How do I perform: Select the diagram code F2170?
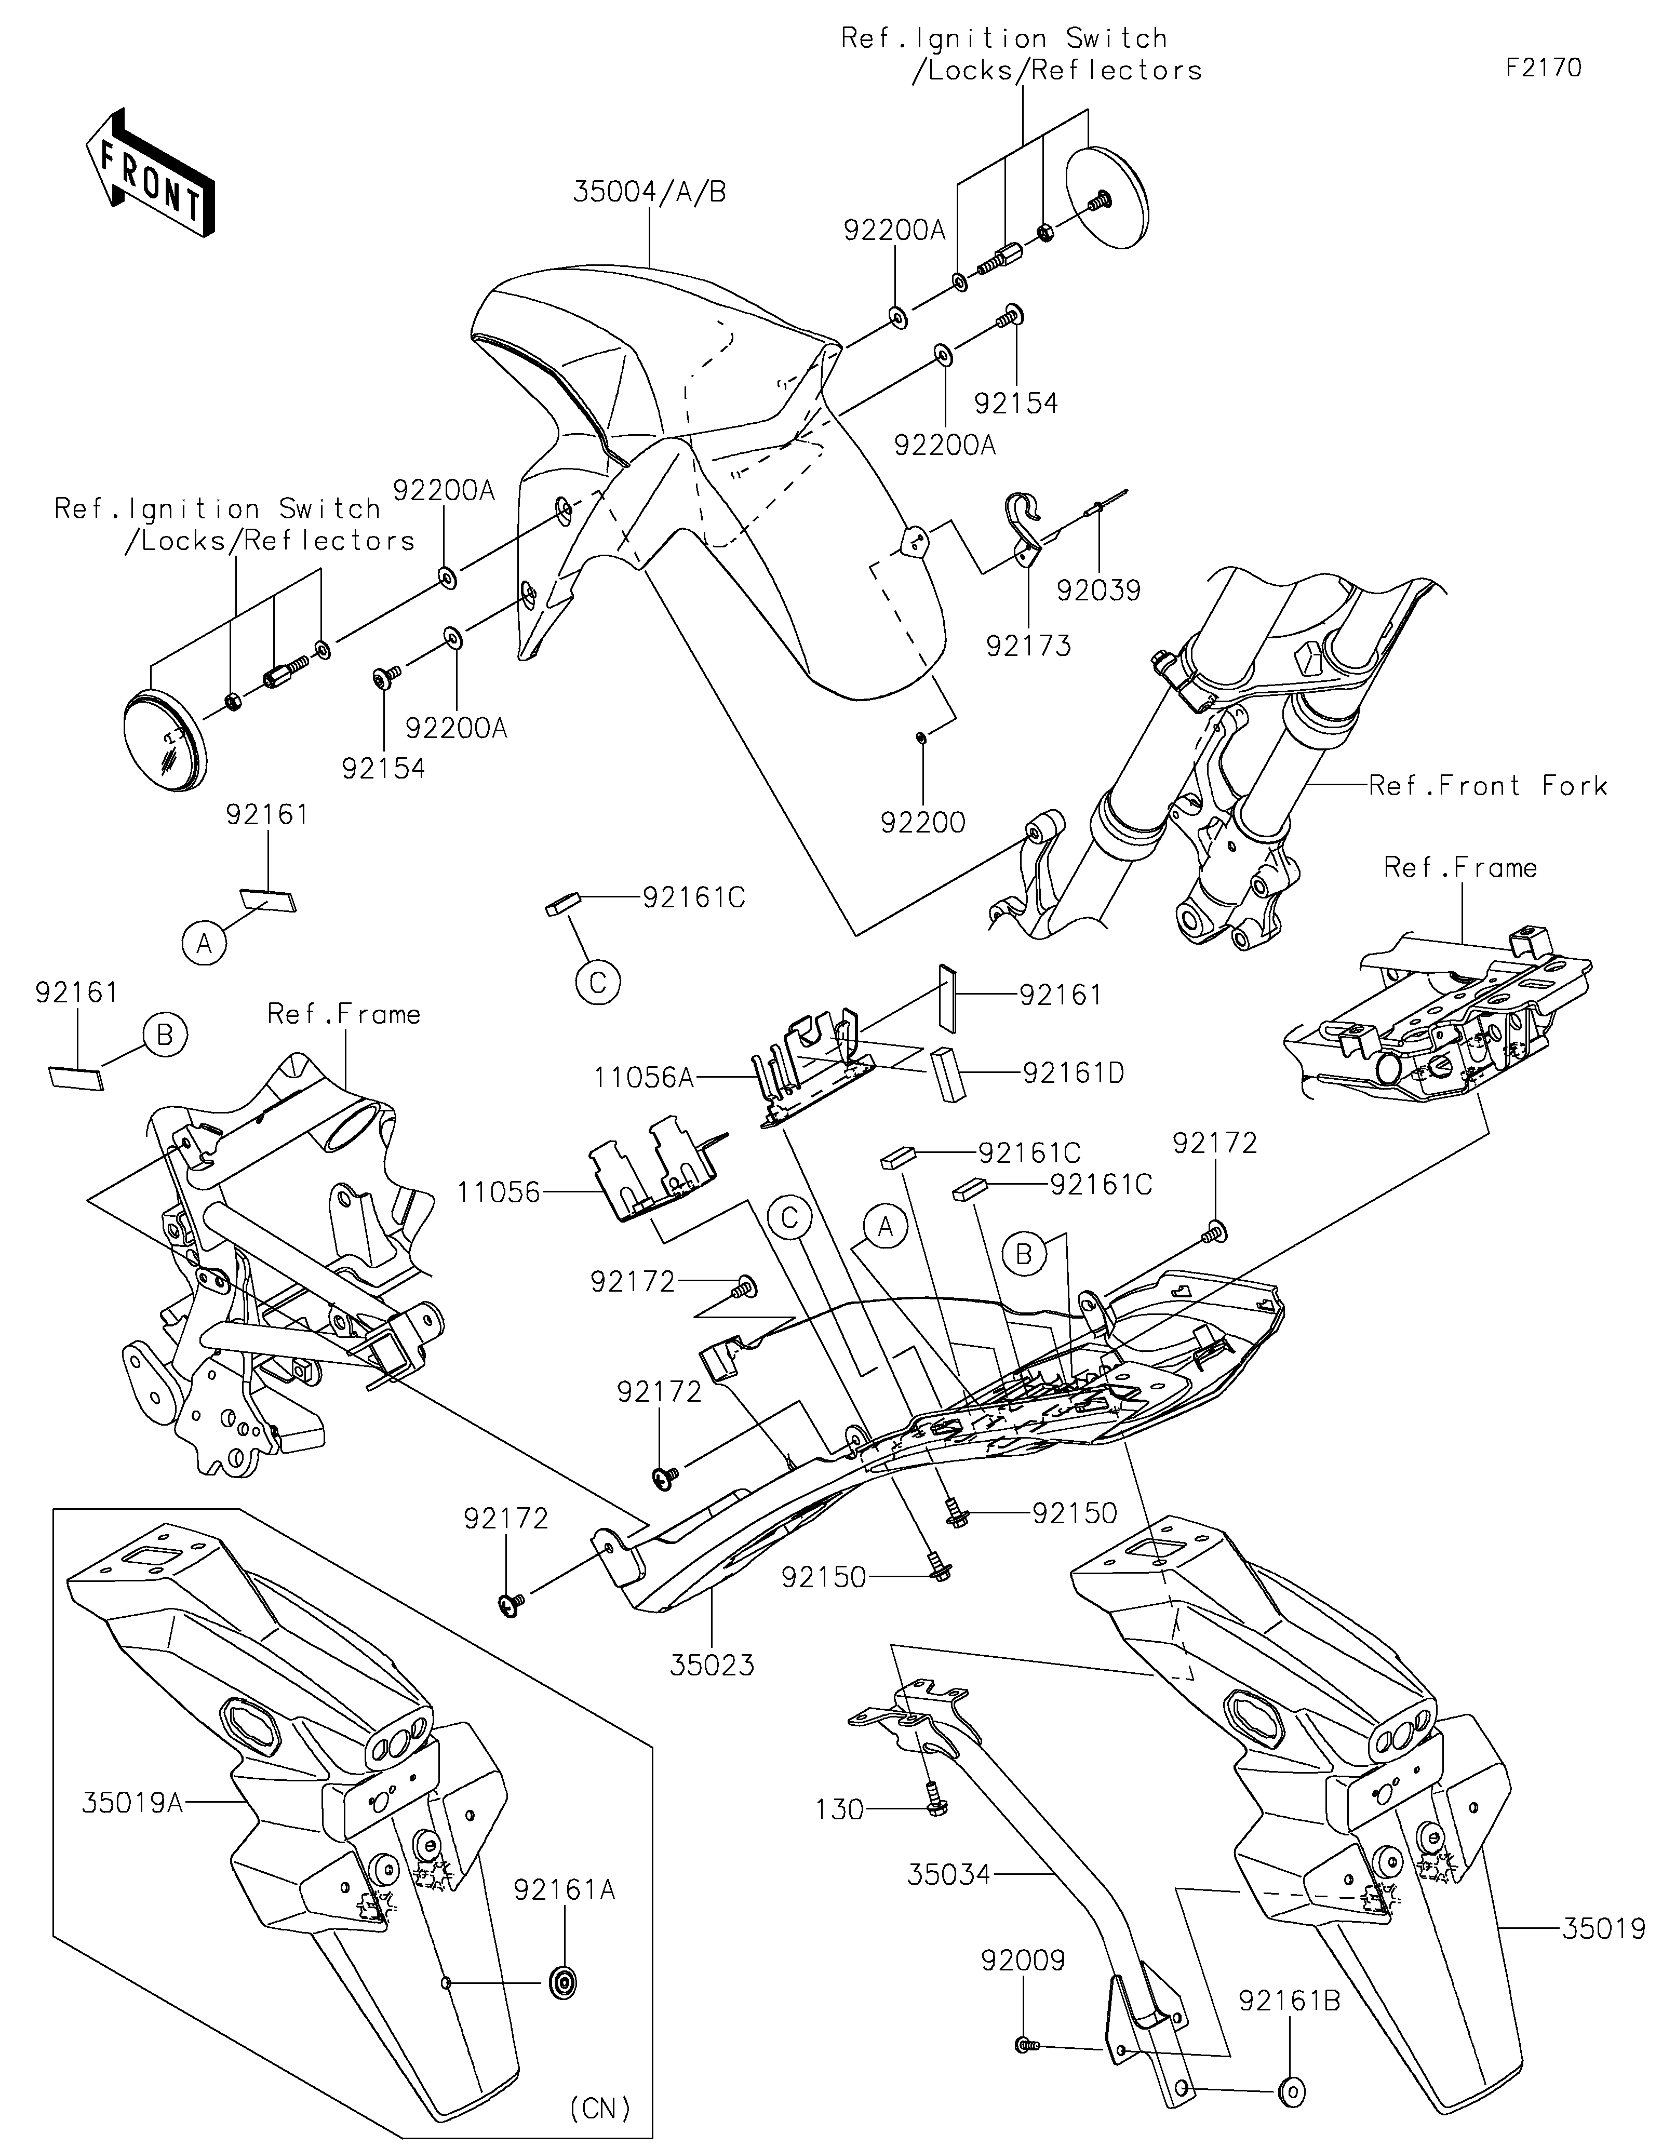click(1543, 68)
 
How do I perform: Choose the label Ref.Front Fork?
click(1488, 785)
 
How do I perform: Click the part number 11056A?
click(644, 1078)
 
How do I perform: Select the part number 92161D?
click(1073, 1072)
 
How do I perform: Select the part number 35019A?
click(132, 1803)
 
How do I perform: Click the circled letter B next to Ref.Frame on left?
click(165, 1035)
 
